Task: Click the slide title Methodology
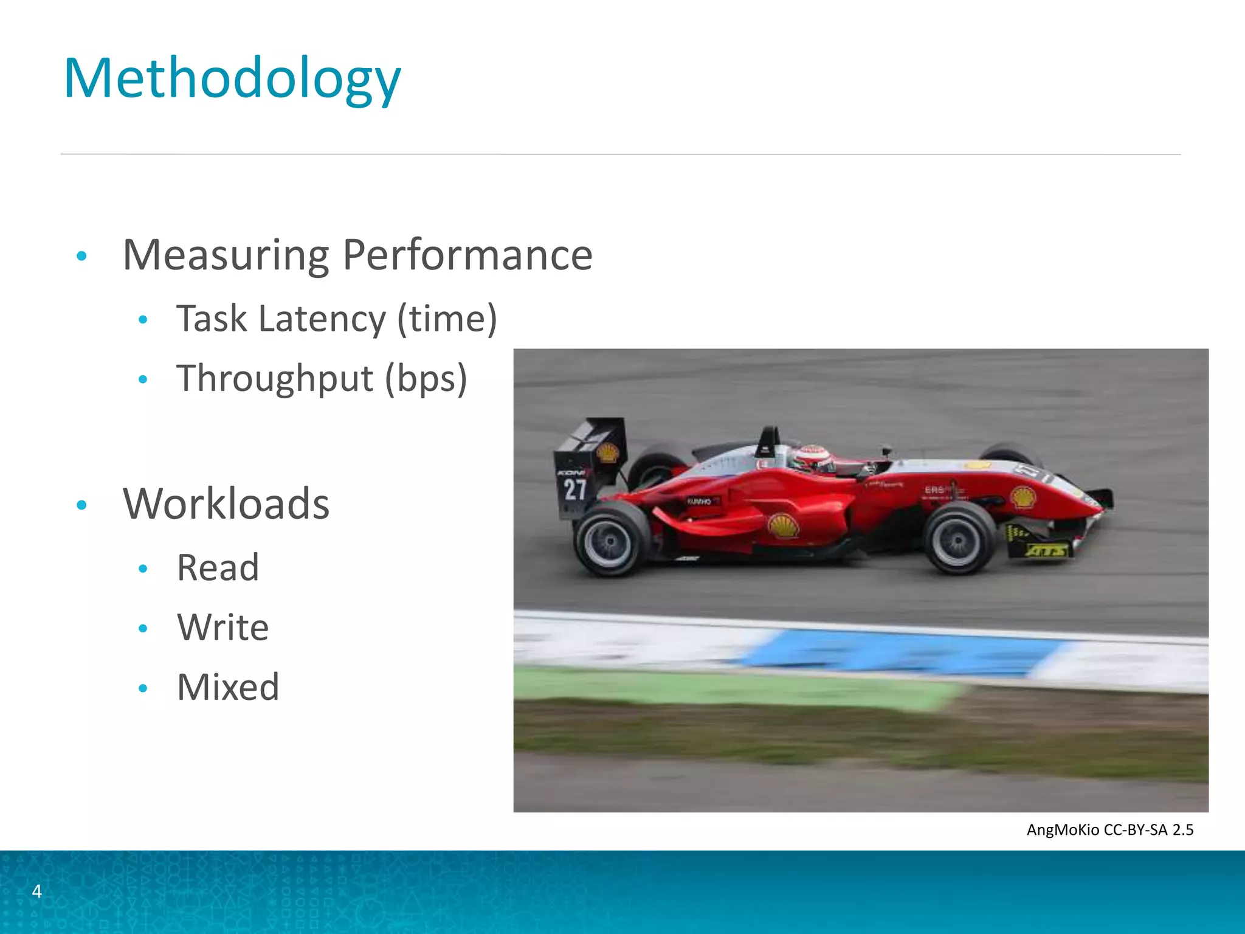(x=232, y=79)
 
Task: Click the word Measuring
(x=226, y=255)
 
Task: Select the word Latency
(x=322, y=319)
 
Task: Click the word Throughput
(x=274, y=379)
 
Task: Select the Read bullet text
(x=218, y=568)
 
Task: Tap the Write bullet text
(x=222, y=628)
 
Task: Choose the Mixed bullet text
(x=228, y=687)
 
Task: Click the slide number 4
(x=36, y=891)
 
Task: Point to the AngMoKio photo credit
(x=1109, y=830)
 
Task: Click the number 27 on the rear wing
(x=574, y=489)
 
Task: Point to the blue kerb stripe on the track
(x=900, y=654)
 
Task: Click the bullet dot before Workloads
(x=82, y=505)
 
